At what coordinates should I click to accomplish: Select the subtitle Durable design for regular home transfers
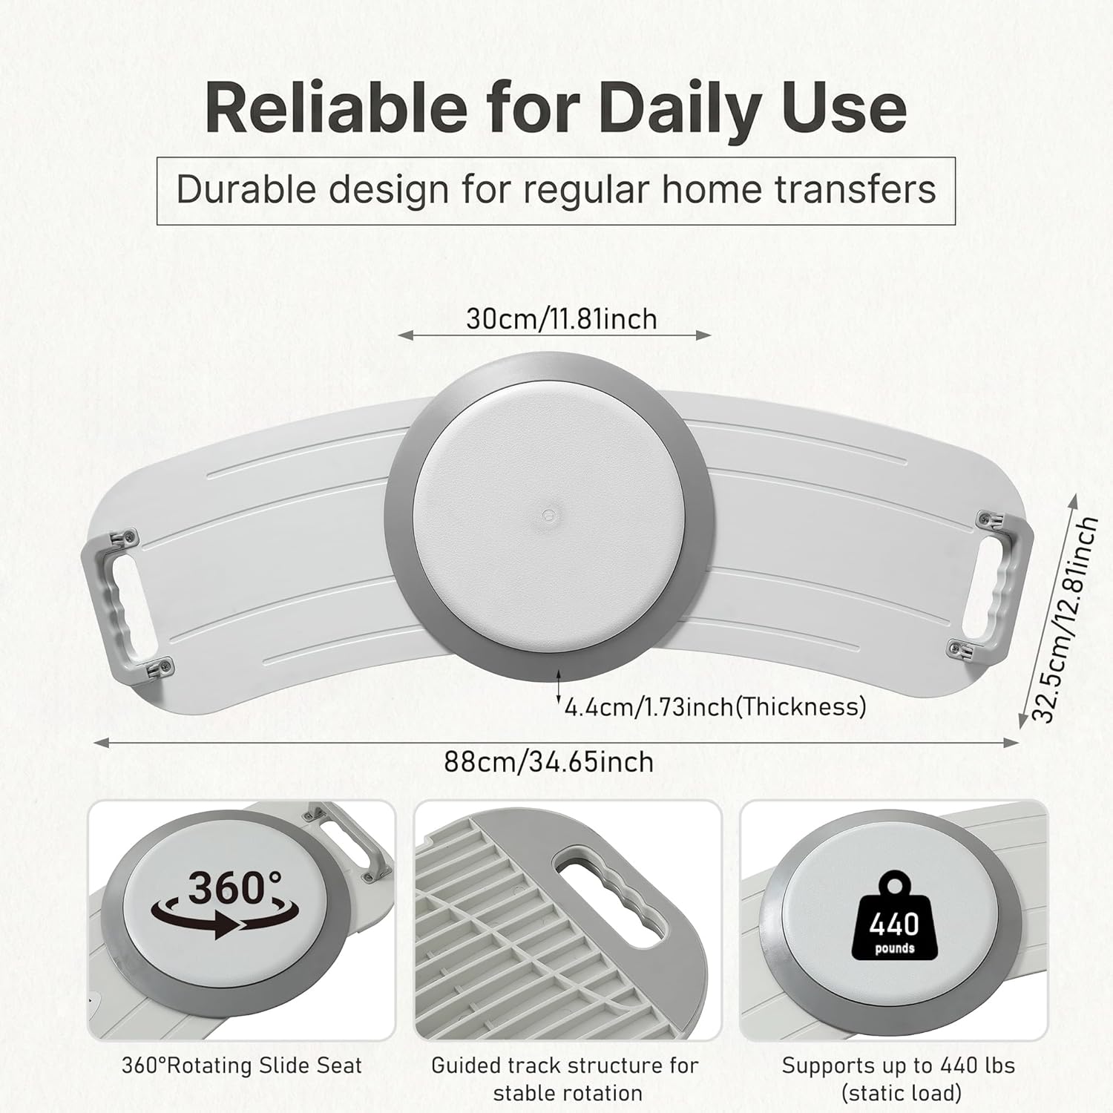click(x=556, y=190)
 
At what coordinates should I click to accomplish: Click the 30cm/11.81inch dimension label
click(x=562, y=319)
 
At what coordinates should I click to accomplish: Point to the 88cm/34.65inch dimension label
click(x=549, y=762)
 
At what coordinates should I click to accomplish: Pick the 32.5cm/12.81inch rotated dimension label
click(x=1066, y=620)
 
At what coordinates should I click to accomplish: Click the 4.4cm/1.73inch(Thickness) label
click(x=715, y=706)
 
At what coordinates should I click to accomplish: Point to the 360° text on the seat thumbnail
click(x=234, y=887)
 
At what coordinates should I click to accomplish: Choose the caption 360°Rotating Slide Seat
click(x=242, y=1066)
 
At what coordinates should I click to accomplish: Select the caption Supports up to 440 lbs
click(x=899, y=1066)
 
